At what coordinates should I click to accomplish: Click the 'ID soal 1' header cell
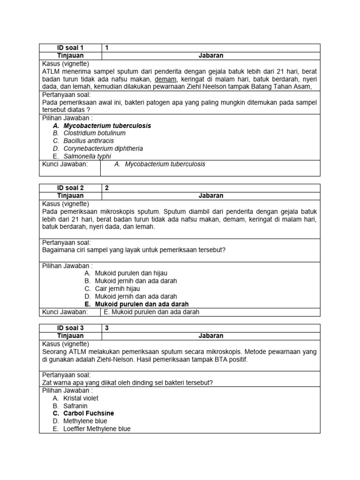[70, 48]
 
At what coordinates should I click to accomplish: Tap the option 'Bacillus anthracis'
[89, 141]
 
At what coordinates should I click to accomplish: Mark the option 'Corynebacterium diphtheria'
[103, 149]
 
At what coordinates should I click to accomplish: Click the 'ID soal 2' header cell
[70, 188]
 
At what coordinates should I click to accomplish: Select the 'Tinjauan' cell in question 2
[70, 195]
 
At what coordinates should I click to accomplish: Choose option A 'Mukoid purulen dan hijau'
[131, 273]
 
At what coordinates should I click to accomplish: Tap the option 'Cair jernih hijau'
[117, 289]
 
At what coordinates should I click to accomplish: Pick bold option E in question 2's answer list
[142, 304]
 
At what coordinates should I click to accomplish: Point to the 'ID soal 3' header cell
[70, 328]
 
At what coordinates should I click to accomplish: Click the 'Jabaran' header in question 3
[210, 336]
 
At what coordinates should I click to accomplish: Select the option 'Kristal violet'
[81, 398]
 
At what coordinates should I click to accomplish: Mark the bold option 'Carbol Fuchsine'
[89, 413]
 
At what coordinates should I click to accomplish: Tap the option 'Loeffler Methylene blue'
[97, 429]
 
